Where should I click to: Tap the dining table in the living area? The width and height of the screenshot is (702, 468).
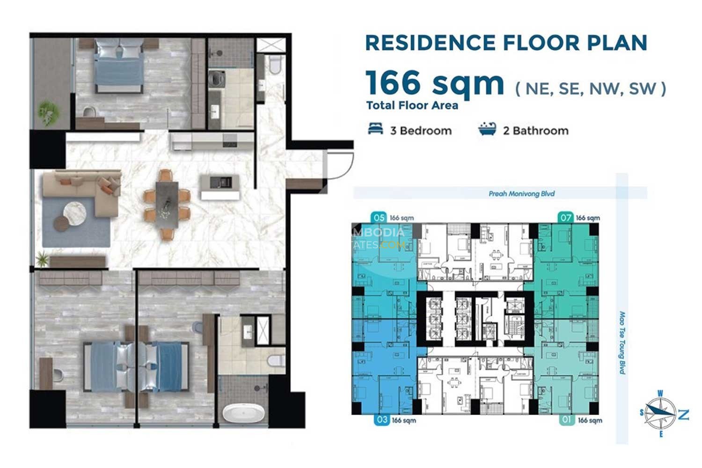167,204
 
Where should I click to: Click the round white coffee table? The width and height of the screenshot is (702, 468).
75,213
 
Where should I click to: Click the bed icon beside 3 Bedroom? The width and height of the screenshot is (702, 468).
375,129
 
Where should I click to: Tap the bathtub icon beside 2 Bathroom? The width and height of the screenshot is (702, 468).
487,129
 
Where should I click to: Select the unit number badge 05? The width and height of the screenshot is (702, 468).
379,218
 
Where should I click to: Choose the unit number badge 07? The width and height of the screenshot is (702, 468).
566,218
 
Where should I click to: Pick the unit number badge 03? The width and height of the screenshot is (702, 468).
382,420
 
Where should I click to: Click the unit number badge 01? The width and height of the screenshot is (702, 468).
567,420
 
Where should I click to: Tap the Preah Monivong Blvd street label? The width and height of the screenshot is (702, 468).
521,193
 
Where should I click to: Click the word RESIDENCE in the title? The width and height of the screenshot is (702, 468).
430,43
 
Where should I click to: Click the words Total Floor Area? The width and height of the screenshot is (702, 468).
412,106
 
